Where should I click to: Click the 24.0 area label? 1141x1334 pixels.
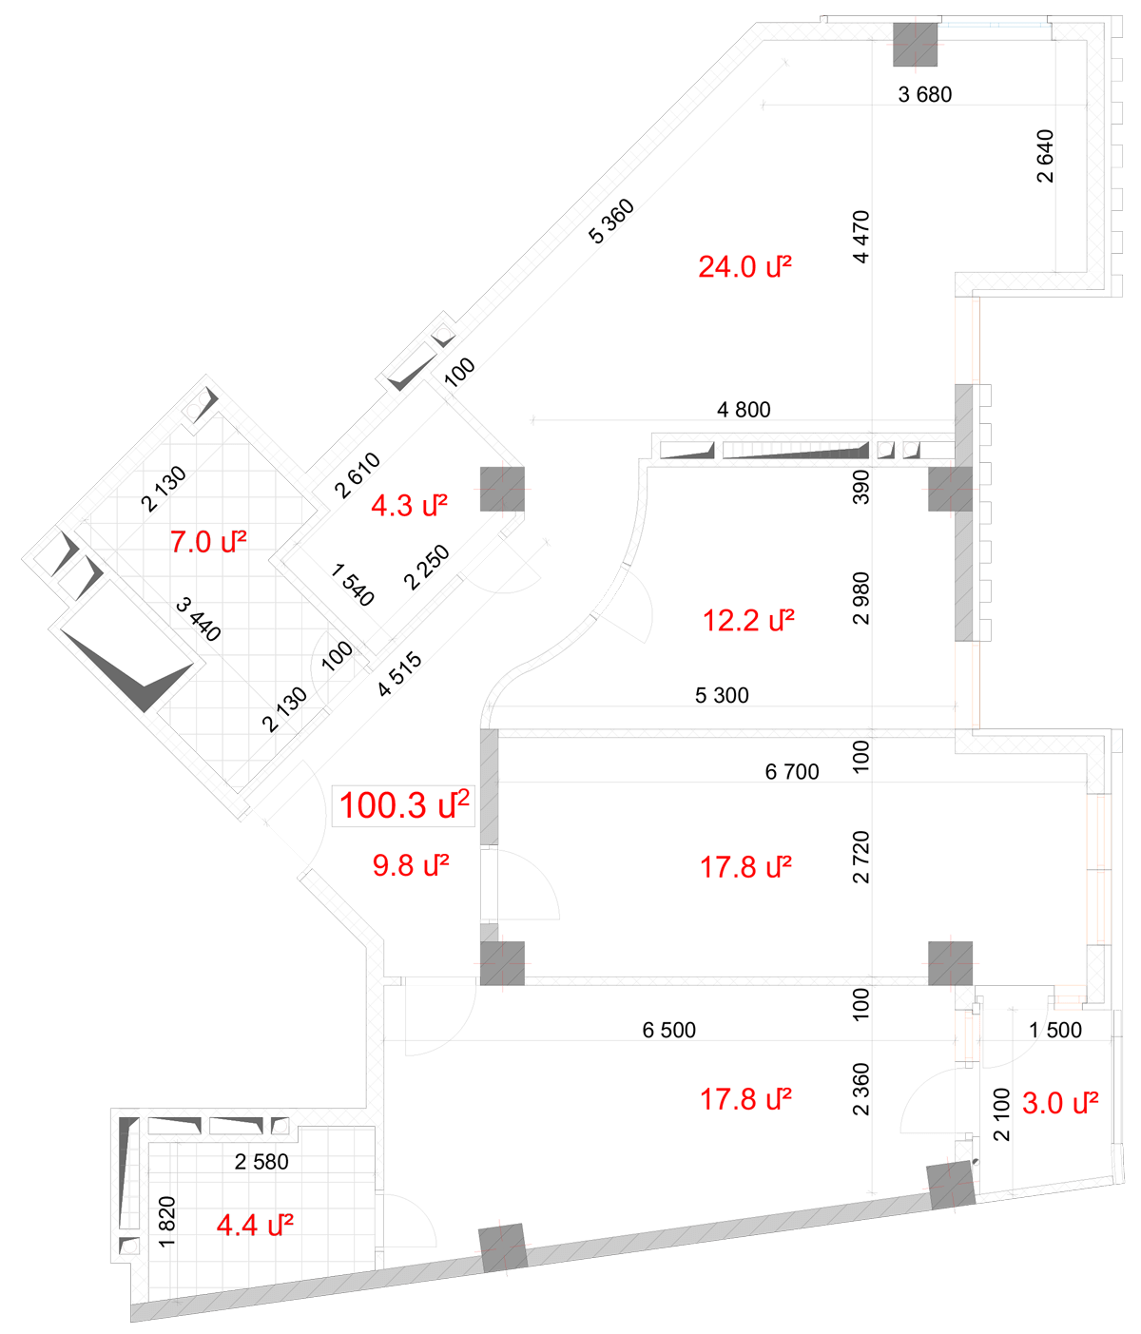click(745, 266)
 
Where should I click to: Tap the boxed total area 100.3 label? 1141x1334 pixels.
click(403, 805)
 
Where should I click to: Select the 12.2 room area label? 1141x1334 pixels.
click(748, 620)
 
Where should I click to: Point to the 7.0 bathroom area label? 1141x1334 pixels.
click(208, 541)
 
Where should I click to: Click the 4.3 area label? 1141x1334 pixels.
click(409, 505)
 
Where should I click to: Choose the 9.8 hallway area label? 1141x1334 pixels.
click(411, 865)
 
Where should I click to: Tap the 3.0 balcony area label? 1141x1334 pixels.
click(1059, 1103)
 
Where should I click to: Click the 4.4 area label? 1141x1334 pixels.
click(255, 1225)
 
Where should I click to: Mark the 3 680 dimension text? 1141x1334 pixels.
click(924, 95)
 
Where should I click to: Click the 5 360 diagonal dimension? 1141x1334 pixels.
click(611, 222)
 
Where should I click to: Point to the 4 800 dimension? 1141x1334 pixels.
click(744, 409)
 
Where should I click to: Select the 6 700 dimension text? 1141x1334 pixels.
click(791, 771)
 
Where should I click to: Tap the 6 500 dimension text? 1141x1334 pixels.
click(668, 1030)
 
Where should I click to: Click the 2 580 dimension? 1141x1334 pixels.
click(261, 1162)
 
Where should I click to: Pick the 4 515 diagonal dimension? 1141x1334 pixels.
click(399, 674)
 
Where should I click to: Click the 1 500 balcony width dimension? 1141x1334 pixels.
click(1054, 1030)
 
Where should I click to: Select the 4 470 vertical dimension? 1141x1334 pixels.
click(861, 237)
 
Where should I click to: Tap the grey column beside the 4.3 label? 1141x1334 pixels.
click(502, 490)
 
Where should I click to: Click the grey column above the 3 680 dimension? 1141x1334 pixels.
click(915, 45)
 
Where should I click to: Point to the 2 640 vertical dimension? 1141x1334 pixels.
click(1044, 156)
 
